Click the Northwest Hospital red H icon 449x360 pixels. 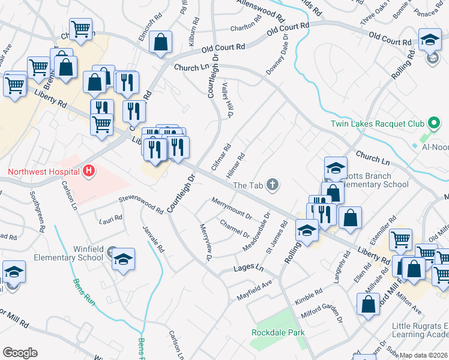[89, 172]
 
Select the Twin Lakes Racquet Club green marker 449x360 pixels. [435, 124]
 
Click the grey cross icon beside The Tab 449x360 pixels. [273, 185]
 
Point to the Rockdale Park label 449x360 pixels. [278, 332]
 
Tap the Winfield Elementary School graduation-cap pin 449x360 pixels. [124, 260]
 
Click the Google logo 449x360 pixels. [20, 353]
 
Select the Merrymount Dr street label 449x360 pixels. [231, 207]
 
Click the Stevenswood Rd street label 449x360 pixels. [140, 203]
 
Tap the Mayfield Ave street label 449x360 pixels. [255, 289]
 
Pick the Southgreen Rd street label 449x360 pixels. [37, 212]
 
